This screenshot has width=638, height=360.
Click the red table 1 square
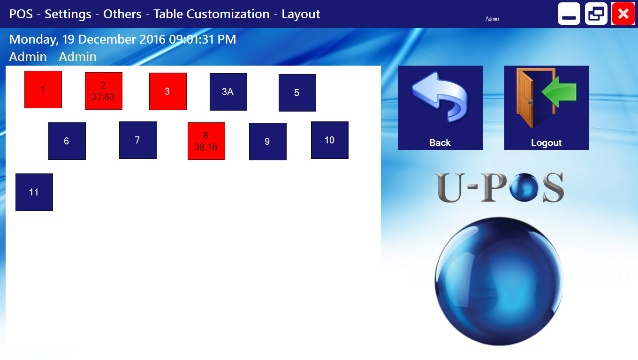click(x=43, y=90)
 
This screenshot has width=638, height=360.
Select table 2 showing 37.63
click(x=104, y=91)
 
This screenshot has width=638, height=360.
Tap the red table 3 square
click(x=168, y=91)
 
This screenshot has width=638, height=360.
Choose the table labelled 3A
click(x=228, y=91)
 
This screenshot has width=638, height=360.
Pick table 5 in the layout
click(x=297, y=93)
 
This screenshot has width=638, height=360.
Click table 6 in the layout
click(x=67, y=141)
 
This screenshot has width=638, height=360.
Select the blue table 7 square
click(x=138, y=140)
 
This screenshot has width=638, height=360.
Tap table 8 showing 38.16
click(x=206, y=141)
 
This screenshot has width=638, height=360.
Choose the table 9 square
click(x=268, y=142)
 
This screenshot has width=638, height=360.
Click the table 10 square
click(x=329, y=140)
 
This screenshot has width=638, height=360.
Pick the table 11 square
click(x=34, y=192)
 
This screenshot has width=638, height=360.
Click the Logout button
click(x=546, y=108)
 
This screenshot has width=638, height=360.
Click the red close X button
click(x=623, y=14)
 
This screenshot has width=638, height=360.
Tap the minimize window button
click(x=569, y=14)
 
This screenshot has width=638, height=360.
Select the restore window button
click(x=596, y=14)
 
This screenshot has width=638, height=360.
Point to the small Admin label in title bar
click(x=492, y=19)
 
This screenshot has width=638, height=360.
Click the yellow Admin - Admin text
click(x=53, y=57)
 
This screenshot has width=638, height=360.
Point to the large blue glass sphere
click(x=499, y=281)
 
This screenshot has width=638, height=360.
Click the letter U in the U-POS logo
click(x=450, y=188)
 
